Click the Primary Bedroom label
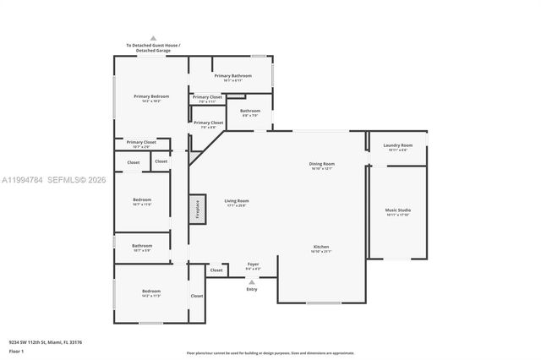click(151, 96)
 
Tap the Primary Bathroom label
click(232, 76)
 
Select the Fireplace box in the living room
click(197, 210)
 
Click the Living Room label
click(236, 201)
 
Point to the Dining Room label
click(322, 164)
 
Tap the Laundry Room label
click(397, 145)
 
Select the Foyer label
click(252, 265)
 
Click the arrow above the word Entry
click(251, 281)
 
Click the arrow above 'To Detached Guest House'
click(153, 38)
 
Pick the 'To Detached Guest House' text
click(153, 47)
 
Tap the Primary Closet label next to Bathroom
click(208, 123)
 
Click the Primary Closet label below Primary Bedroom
click(141, 142)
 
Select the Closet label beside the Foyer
click(217, 270)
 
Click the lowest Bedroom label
click(151, 292)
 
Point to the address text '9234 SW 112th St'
click(46, 341)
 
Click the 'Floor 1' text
click(16, 350)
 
